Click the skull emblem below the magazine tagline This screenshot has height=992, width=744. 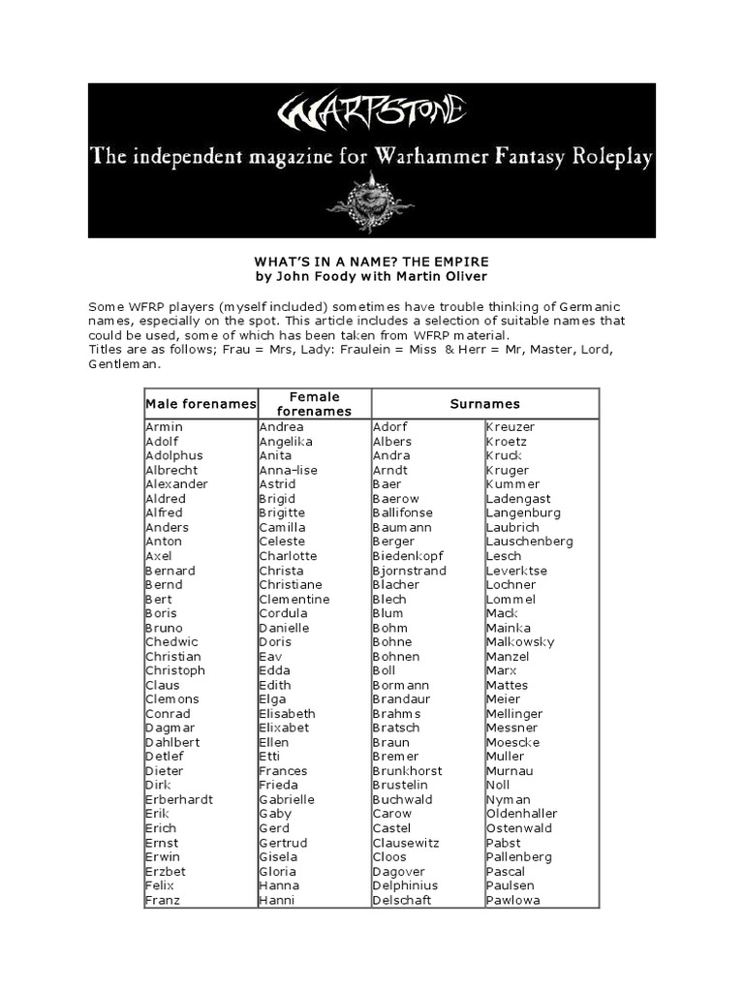[x=371, y=201]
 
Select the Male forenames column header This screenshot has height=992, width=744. [x=201, y=404]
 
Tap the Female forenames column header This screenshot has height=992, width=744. [x=315, y=404]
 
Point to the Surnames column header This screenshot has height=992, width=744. [x=485, y=404]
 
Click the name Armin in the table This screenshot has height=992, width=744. [x=164, y=427]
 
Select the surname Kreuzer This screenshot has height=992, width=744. [x=511, y=427]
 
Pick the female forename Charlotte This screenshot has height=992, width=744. [x=288, y=556]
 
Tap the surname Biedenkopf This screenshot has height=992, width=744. [x=408, y=556]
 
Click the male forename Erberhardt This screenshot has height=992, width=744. [x=179, y=800]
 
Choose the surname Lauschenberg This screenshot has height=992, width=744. [x=529, y=542]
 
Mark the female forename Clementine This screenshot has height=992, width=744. [x=294, y=600]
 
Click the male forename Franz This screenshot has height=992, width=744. [x=163, y=900]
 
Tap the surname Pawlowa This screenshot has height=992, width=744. [x=513, y=900]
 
